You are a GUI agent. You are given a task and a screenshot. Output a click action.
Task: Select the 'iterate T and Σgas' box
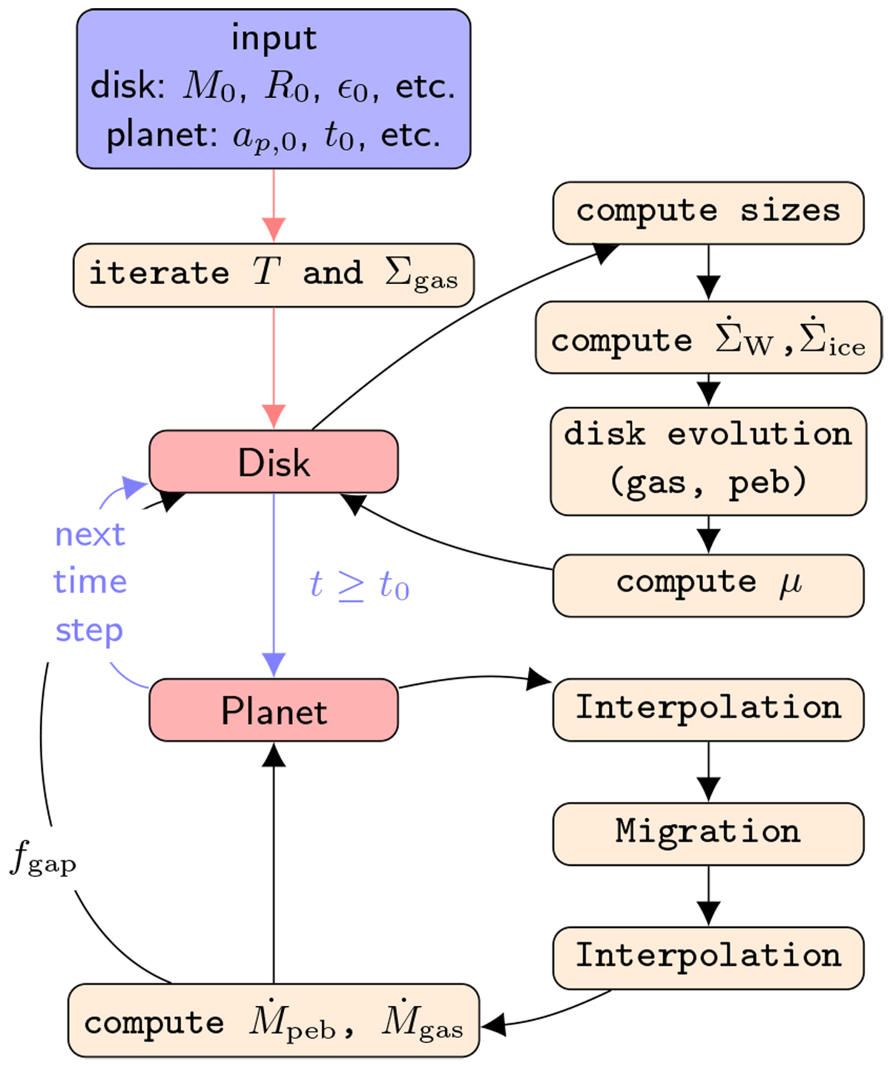(x=274, y=275)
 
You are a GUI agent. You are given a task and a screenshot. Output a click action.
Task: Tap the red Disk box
(x=274, y=462)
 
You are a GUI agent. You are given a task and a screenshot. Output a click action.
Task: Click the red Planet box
(x=274, y=710)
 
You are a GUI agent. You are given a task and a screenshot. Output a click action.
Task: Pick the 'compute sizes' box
(x=708, y=213)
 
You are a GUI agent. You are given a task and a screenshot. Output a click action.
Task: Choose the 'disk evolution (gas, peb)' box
(x=708, y=460)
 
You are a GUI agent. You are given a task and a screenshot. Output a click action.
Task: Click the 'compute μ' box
(x=708, y=585)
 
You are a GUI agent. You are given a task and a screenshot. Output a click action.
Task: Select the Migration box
(x=708, y=833)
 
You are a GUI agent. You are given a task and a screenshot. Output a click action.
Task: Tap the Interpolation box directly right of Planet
(x=708, y=709)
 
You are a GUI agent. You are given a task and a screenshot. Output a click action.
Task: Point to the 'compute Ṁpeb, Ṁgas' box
(x=274, y=1021)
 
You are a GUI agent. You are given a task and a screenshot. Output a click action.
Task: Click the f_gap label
(x=43, y=860)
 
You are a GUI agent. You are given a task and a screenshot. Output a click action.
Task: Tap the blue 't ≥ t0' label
(x=359, y=586)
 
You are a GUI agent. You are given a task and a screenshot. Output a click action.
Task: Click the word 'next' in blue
(x=90, y=534)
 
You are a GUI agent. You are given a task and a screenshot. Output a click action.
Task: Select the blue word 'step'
(x=89, y=631)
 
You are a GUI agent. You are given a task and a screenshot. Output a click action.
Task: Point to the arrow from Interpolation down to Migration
(x=708, y=771)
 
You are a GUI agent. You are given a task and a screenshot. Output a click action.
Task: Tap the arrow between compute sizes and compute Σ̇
(x=708, y=271)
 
